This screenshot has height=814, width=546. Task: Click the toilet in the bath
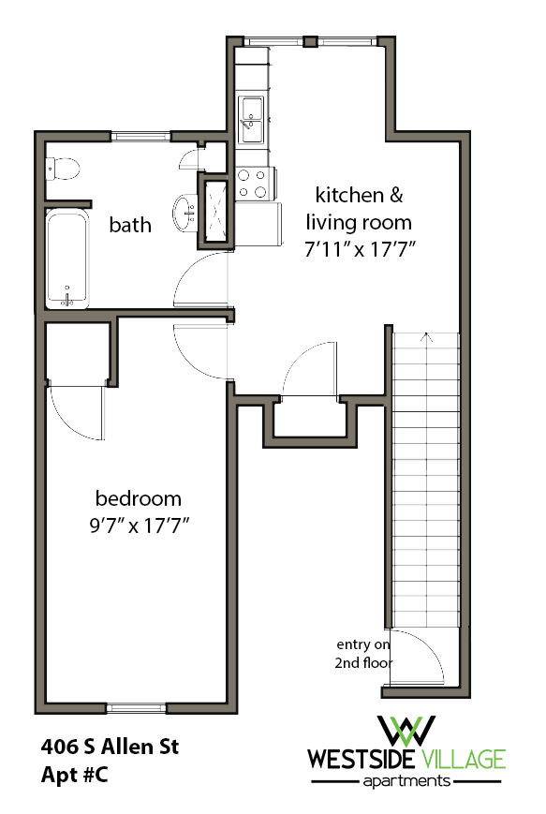coord(64,169)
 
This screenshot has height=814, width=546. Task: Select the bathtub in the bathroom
coord(67,259)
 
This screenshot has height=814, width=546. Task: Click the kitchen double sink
coord(252,120)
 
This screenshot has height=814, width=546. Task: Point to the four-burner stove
coord(253,183)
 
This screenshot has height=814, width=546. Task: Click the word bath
coord(130,225)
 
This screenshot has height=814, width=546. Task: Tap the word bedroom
coord(139,498)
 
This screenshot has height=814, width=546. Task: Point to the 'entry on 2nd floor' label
coord(364,654)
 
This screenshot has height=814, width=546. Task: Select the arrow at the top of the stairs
coord(426,338)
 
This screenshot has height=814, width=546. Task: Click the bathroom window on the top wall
coord(140,137)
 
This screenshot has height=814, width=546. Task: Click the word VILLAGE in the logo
coord(464,759)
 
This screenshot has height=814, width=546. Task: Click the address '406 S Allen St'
coord(110,747)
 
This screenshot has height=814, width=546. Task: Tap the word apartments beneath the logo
coord(406,780)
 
